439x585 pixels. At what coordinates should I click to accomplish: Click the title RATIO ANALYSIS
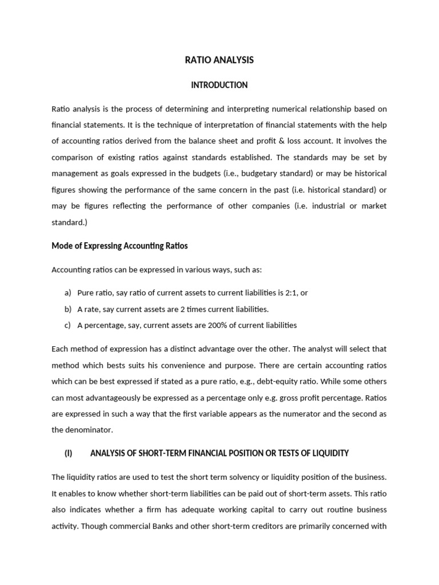pos(219,60)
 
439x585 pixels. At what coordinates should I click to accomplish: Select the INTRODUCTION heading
pos(219,85)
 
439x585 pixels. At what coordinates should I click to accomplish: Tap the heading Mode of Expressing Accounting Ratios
pos(119,246)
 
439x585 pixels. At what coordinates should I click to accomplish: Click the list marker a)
pos(67,292)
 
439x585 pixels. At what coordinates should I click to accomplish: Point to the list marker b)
pos(67,309)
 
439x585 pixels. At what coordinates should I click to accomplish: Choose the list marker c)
pos(67,325)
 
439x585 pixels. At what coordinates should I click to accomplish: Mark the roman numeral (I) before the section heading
pos(69,453)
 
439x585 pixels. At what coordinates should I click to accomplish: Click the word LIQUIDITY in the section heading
pos(327,453)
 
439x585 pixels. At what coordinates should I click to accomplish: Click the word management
pos(75,173)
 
